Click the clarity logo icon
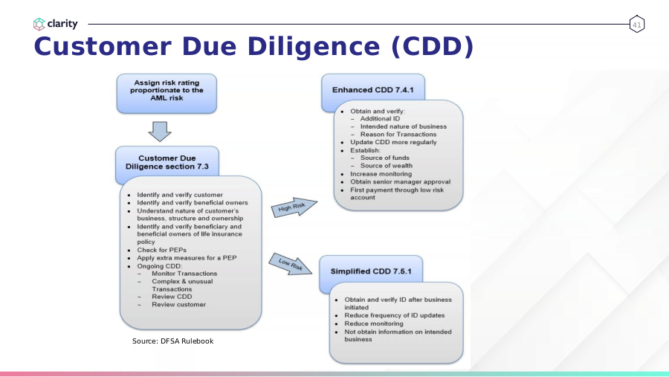point(39,24)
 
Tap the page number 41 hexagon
point(636,25)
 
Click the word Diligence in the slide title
point(314,47)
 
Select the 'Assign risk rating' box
point(167,94)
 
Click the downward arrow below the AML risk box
point(160,132)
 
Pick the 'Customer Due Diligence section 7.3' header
point(167,162)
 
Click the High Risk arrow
point(294,207)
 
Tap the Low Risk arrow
point(291,264)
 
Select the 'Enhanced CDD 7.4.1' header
point(373,90)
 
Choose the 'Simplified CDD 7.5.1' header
point(371,271)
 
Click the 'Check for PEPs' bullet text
point(162,250)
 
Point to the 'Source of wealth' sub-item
point(387,166)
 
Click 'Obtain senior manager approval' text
point(400,181)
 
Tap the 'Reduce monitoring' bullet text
point(374,323)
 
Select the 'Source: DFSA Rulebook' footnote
point(172,341)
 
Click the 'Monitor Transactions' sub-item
point(184,273)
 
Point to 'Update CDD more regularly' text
point(393,142)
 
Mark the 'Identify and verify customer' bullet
point(180,195)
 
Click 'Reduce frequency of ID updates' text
point(395,315)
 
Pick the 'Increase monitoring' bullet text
point(381,174)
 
